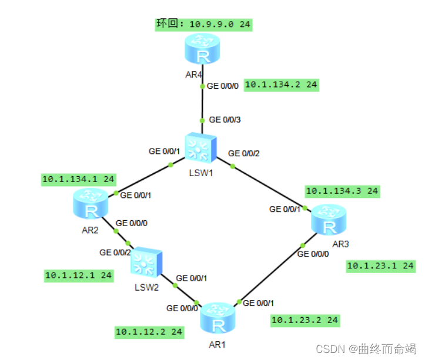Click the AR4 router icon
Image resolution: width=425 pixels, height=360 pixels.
click(202, 49)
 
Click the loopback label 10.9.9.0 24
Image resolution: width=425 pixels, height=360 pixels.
click(204, 24)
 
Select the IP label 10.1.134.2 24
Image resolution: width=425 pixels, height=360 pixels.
click(281, 85)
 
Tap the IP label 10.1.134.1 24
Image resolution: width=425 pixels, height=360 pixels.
click(78, 179)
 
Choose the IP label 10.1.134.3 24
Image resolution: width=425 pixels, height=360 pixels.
click(342, 191)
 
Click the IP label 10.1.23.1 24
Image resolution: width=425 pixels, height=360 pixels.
click(381, 266)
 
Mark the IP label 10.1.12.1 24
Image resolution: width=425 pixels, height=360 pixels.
click(79, 275)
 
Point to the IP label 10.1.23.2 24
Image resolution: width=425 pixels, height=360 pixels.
click(304, 320)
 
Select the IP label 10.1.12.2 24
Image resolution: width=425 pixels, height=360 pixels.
click(149, 332)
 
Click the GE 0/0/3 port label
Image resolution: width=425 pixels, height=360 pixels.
click(225, 120)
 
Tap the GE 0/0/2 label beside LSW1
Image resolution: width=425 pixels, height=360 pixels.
click(243, 153)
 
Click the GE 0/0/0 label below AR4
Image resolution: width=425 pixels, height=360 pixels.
click(223, 86)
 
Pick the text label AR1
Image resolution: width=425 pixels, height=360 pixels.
click(217, 344)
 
